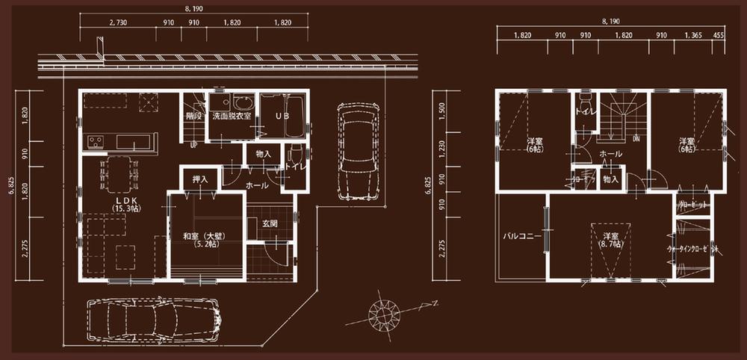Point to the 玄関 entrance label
(270, 223)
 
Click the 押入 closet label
(200, 180)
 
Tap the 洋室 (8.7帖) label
(610, 239)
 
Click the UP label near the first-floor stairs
(193, 145)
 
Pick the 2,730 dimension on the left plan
(117, 23)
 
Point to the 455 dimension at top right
(719, 36)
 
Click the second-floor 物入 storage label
(610, 179)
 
